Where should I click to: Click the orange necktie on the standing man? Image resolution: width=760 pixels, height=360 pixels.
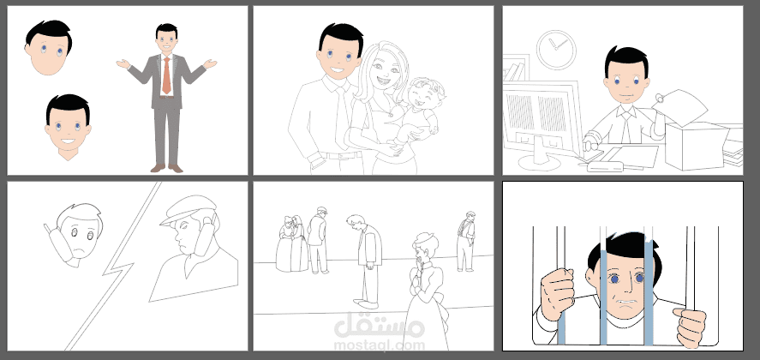click(166, 75)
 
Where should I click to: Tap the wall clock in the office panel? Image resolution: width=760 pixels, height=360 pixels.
click(556, 50)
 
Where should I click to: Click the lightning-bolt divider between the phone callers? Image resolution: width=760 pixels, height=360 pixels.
click(116, 266)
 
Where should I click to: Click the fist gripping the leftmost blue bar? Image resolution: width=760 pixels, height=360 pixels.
click(558, 293)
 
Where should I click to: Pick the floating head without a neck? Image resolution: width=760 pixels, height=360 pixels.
click(49, 47)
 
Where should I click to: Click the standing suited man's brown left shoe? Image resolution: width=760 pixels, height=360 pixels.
click(176, 168)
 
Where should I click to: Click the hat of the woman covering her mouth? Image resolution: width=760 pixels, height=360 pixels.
click(425, 238)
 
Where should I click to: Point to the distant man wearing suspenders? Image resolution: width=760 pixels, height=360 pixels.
click(466, 241)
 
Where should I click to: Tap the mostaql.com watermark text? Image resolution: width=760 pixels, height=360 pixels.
click(379, 345)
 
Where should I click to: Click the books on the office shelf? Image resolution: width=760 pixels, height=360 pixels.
click(515, 72)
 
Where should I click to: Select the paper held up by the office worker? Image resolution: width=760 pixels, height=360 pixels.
click(680, 107)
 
